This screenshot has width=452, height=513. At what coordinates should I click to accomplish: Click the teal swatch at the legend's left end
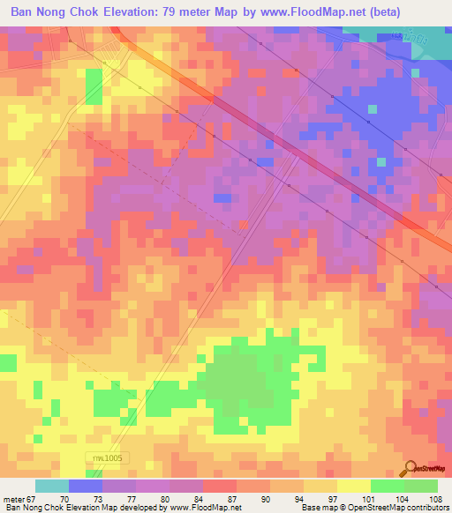point(52,486)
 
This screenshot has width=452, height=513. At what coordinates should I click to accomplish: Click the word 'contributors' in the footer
point(426,508)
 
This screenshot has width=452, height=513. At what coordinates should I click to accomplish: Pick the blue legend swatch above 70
point(86,486)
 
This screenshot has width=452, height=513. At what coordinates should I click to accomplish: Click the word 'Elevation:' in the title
point(132,12)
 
